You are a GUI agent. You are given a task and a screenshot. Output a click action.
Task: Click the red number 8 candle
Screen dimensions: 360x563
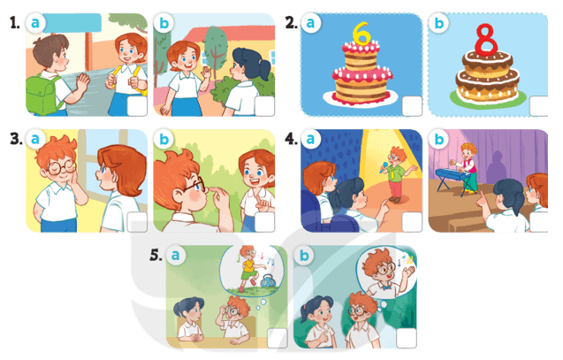[x=483, y=40]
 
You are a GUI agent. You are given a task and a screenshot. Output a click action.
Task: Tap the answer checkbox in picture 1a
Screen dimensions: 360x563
[x=137, y=106]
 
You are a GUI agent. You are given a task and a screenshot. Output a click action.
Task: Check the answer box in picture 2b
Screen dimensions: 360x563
[x=536, y=106]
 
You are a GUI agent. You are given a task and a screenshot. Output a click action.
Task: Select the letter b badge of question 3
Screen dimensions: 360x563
[x=164, y=140]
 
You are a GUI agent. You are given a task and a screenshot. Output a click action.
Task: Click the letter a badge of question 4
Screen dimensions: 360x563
[x=310, y=140]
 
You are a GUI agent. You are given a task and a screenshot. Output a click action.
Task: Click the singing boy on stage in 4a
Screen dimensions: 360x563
[x=395, y=168]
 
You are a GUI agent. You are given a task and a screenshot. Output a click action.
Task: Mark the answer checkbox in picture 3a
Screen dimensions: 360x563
[x=137, y=222]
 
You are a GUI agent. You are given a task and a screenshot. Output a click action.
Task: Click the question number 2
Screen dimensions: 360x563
[x=290, y=23]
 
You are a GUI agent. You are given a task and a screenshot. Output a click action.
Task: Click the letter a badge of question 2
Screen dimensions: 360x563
[x=310, y=24]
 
